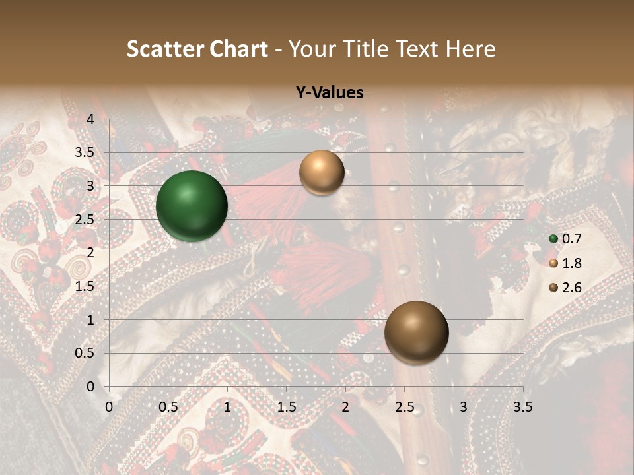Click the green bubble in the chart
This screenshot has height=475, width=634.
point(192,206)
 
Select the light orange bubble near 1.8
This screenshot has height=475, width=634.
point(322,172)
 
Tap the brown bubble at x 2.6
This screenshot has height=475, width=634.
point(416,332)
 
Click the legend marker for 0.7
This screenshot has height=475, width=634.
point(553,239)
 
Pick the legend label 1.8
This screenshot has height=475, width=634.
point(571,263)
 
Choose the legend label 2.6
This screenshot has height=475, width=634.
point(571,288)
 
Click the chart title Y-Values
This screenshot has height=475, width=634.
point(330,93)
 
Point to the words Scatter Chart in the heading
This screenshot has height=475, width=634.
point(197,49)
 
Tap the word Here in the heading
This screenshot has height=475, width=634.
point(470,49)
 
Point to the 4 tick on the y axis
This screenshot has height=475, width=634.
point(91,119)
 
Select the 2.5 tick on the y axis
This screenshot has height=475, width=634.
point(86,220)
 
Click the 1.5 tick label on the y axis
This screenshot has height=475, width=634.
point(86,286)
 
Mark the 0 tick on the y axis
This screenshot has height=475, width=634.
point(91,386)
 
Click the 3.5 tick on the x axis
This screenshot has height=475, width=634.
point(522,407)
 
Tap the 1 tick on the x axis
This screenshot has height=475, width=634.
point(227,407)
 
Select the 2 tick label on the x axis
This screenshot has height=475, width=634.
point(345,407)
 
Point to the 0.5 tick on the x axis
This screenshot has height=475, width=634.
point(168,407)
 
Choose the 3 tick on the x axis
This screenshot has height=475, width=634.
point(464,407)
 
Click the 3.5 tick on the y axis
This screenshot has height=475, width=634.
point(86,153)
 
